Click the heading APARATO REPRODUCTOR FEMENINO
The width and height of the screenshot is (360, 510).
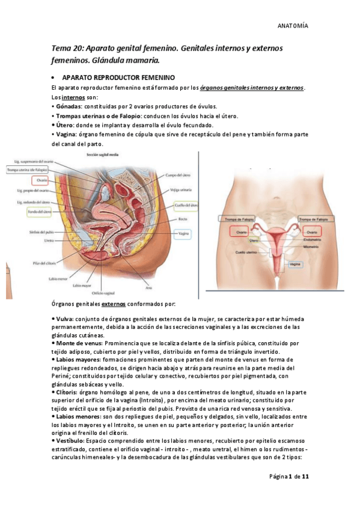coord(118,78)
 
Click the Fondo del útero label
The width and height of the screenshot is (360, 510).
coord(39,212)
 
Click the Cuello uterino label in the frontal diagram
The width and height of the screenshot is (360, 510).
coord(231,251)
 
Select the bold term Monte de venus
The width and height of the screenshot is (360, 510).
coord(79,342)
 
